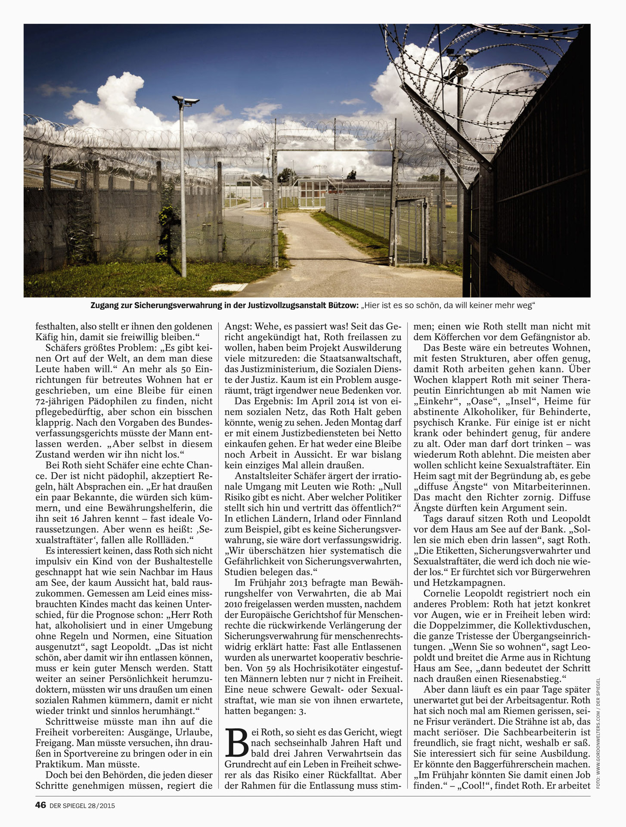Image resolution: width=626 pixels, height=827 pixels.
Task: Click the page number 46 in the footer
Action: [40, 805]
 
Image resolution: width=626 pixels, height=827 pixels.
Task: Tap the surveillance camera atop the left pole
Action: [186, 101]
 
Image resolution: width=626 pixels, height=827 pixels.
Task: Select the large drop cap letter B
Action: [236, 743]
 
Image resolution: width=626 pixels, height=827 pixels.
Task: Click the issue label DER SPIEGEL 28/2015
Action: [82, 805]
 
